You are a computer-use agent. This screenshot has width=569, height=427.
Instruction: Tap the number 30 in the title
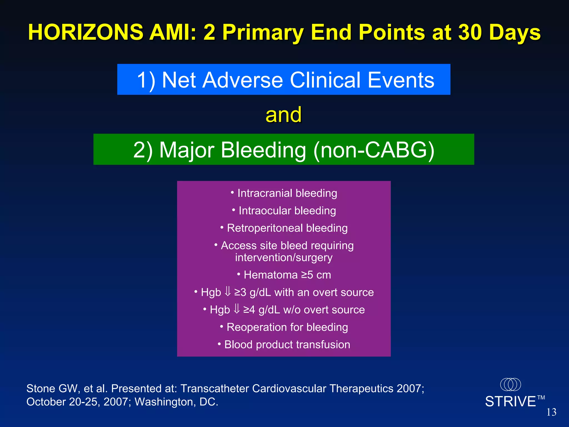coord(470,33)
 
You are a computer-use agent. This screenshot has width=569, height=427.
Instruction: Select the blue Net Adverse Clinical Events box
coord(284,80)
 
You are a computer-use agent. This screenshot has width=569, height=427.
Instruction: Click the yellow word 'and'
coord(283,115)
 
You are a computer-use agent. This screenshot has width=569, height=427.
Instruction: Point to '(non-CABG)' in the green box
coord(374,150)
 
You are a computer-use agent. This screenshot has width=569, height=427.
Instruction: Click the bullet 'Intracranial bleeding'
coord(284,193)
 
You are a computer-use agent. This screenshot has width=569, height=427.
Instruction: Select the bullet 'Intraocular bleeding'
coord(284,211)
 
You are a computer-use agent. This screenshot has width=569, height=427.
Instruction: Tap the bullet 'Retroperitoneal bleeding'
coord(284,228)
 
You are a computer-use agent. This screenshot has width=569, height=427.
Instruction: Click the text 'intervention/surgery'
coord(284,258)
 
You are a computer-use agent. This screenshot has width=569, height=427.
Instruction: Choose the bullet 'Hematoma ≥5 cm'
coord(284,275)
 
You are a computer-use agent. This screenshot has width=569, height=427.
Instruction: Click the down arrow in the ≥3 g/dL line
coord(228,292)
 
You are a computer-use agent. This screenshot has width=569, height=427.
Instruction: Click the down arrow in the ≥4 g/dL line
coord(236,309)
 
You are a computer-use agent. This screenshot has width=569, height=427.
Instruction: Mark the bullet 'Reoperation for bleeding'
coord(284,327)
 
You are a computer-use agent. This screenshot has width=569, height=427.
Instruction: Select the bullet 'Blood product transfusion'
coord(284,345)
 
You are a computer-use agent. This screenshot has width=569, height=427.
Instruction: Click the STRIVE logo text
coord(510,402)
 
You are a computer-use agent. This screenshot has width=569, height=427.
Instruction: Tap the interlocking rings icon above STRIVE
coord(510,384)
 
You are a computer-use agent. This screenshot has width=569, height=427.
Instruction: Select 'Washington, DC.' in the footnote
coord(176,402)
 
